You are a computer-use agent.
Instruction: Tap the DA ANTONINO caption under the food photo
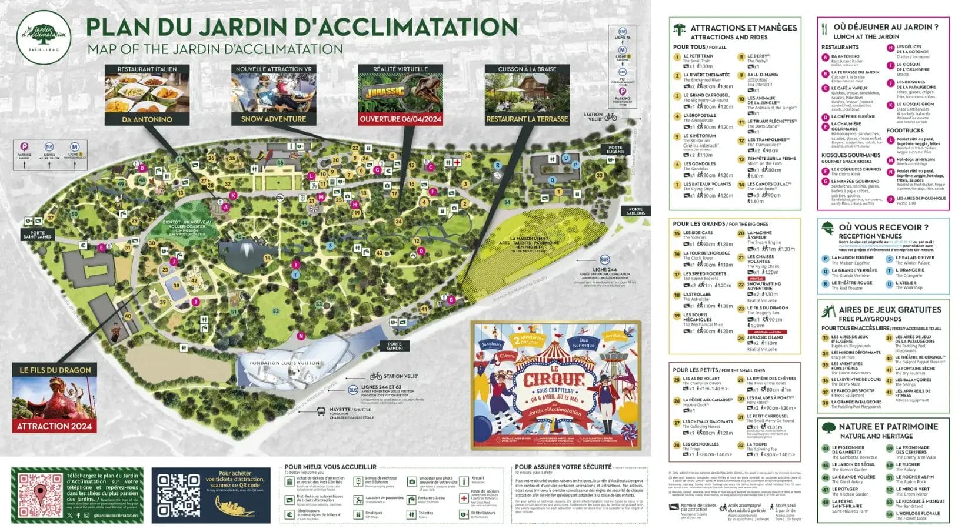pos(147,119)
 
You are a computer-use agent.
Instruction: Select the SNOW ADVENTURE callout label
pos(274,119)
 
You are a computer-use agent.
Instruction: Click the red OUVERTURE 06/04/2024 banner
pos(400,119)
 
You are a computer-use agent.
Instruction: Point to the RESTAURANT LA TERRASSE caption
pos(527,119)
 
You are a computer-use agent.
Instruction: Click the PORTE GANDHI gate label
pos(394,346)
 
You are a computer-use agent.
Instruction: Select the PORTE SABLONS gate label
pos(635,211)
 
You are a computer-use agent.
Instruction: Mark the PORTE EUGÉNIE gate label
pos(615,149)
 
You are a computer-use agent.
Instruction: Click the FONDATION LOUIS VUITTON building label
pos(285,363)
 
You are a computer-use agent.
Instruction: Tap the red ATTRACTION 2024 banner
pos(55,426)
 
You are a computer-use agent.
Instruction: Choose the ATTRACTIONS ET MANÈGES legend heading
pos(743,28)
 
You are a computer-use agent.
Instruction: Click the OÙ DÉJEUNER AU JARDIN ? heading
pos(886,27)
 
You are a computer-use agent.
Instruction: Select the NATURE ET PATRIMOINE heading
pos(888,427)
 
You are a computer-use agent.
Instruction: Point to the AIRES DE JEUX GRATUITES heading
pos(890,310)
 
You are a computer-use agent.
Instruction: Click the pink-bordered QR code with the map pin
pos(39,496)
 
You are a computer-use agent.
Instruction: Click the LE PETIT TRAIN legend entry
pos(698,56)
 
